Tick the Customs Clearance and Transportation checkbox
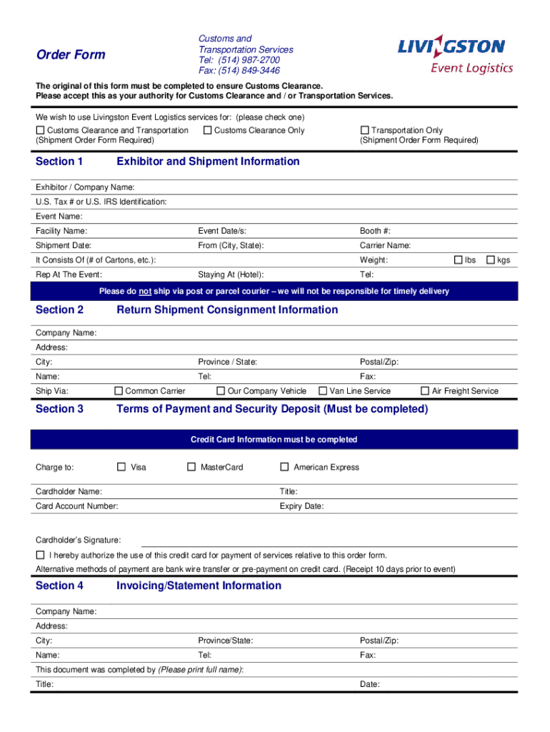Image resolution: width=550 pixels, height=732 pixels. pyautogui.click(x=40, y=130)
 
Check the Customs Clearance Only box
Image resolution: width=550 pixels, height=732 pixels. pyautogui.click(x=207, y=130)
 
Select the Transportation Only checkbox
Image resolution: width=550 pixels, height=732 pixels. pyautogui.click(x=364, y=130)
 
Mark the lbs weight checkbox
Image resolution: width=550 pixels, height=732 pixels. pyautogui.click(x=459, y=260)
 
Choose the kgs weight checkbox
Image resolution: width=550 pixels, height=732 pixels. pyautogui.click(x=491, y=260)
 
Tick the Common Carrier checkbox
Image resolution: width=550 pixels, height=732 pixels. pyautogui.click(x=119, y=391)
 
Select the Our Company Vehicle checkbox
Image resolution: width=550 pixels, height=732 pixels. pyautogui.click(x=221, y=391)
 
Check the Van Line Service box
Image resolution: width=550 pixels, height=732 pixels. pyautogui.click(x=323, y=391)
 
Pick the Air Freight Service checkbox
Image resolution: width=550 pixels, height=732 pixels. pyautogui.click(x=425, y=391)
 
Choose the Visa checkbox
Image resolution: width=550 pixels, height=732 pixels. pyautogui.click(x=121, y=467)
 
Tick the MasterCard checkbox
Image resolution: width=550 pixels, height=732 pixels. pyautogui.click(x=191, y=467)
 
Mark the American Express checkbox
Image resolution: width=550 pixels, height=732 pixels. pyautogui.click(x=284, y=467)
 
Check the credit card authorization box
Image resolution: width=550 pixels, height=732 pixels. pyautogui.click(x=40, y=555)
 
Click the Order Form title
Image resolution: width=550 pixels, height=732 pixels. pyautogui.click(x=71, y=55)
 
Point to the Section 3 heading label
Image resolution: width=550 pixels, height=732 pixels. pyautogui.click(x=59, y=409)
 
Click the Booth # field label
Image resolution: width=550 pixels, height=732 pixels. pyautogui.click(x=375, y=231)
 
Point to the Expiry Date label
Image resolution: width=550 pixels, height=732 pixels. pyautogui.click(x=301, y=506)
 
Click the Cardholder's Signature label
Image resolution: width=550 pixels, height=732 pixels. pyautogui.click(x=78, y=540)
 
